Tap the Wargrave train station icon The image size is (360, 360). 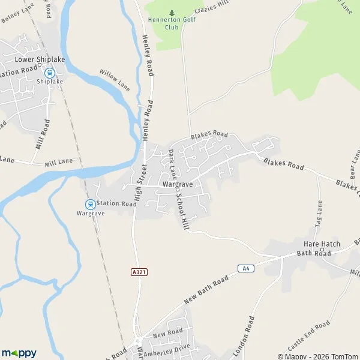pos(90,203)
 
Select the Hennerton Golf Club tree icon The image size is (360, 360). pos(172,13)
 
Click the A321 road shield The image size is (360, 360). pos(139,272)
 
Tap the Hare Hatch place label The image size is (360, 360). pos(322,244)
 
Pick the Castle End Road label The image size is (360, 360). pos(309,336)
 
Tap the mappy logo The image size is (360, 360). pos(19,353)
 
